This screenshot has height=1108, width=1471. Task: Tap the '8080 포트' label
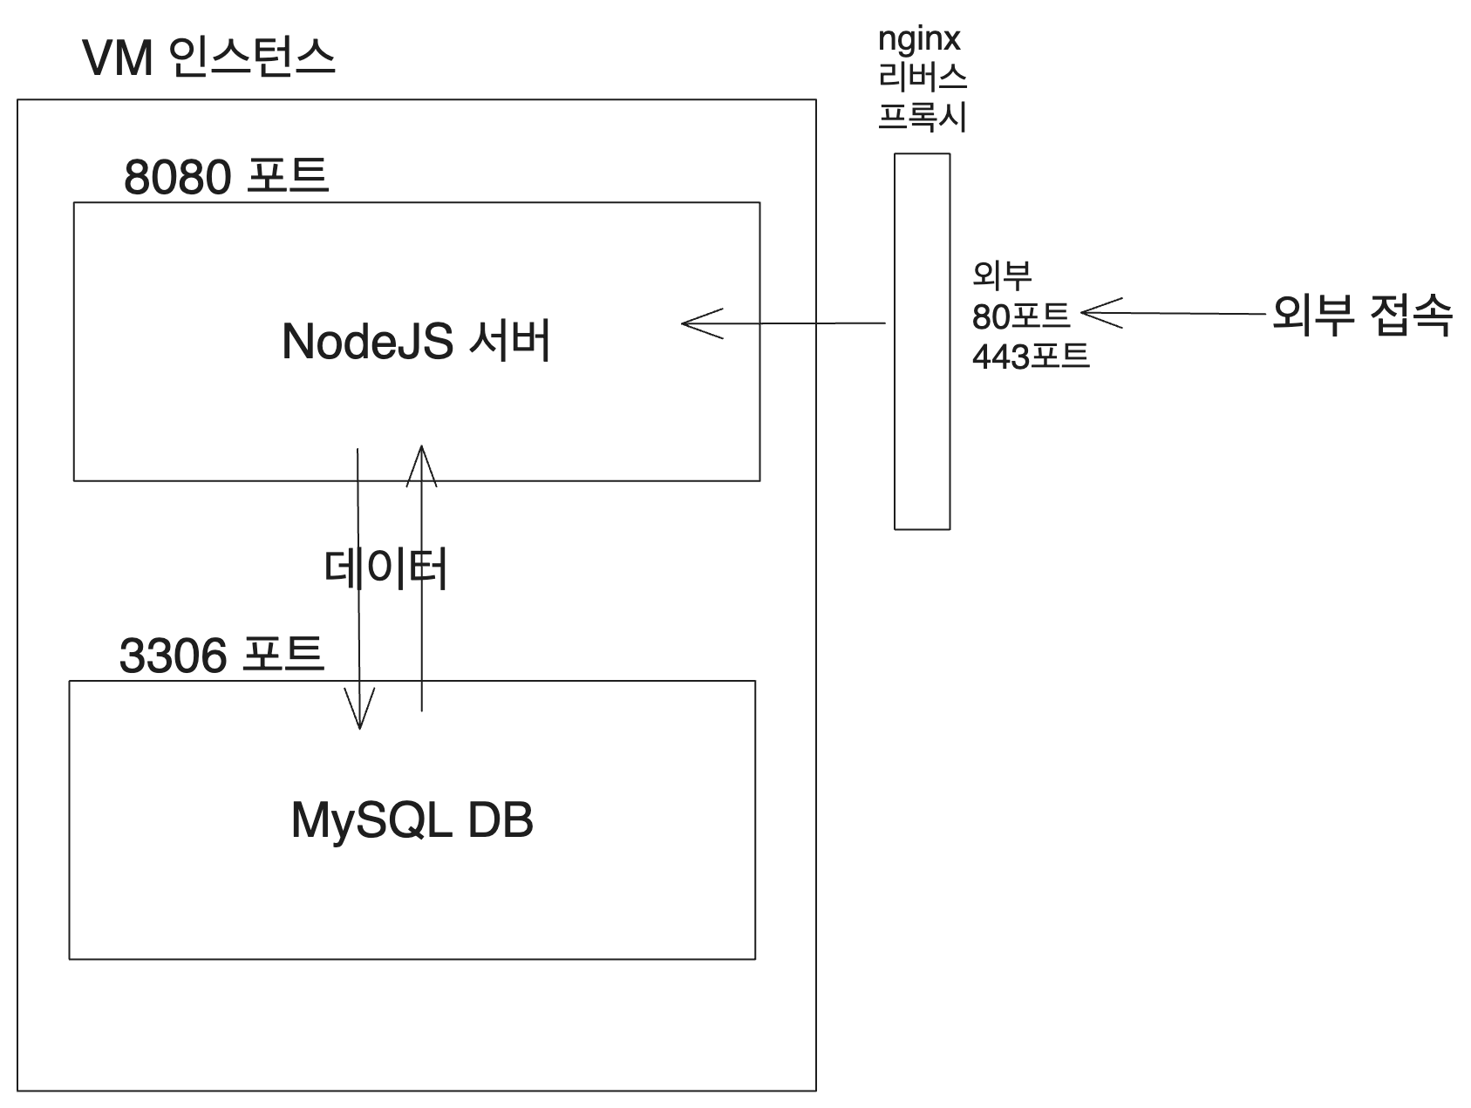pos(226,176)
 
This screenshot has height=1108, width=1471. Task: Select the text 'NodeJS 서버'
pos(416,341)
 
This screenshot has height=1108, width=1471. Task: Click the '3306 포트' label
pos(221,655)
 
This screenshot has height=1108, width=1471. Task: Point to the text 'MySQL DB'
pos(412,820)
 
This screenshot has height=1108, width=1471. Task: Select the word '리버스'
pos(922,78)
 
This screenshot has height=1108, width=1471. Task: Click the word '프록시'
pos(922,116)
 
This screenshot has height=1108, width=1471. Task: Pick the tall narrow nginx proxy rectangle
pos(922,341)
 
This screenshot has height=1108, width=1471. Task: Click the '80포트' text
pos(1021,316)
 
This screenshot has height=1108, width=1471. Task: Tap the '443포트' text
pos(1031,356)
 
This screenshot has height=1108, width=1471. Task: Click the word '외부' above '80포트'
pos(1002,275)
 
